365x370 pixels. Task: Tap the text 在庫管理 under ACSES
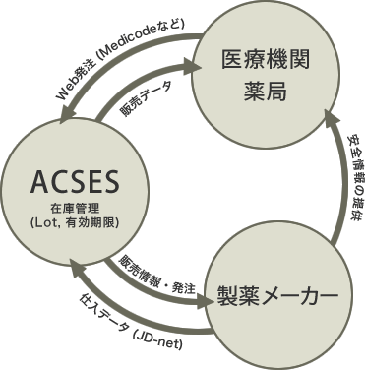pos(75,208)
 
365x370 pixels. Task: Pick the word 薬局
pos(265,92)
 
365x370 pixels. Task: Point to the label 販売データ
pos(145,101)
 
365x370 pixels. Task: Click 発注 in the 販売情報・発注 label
pos(184,286)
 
